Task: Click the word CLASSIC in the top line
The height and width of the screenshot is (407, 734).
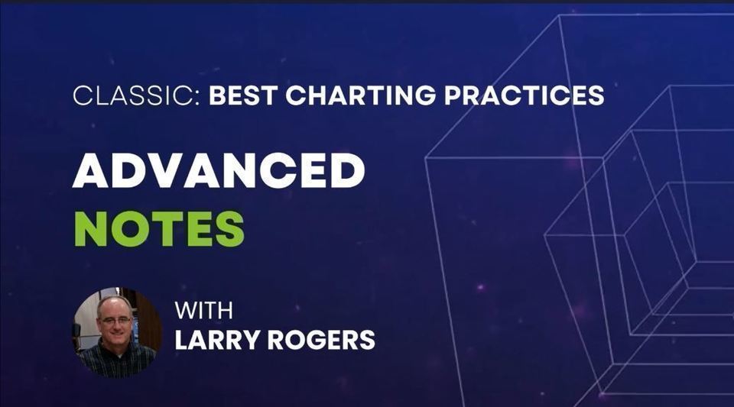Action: point(134,95)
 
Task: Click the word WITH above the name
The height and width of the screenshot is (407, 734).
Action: point(203,312)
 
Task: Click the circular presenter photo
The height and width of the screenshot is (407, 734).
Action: point(117,332)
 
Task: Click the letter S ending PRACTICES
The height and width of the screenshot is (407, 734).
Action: point(596,95)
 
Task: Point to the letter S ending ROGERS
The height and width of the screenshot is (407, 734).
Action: point(367,339)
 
